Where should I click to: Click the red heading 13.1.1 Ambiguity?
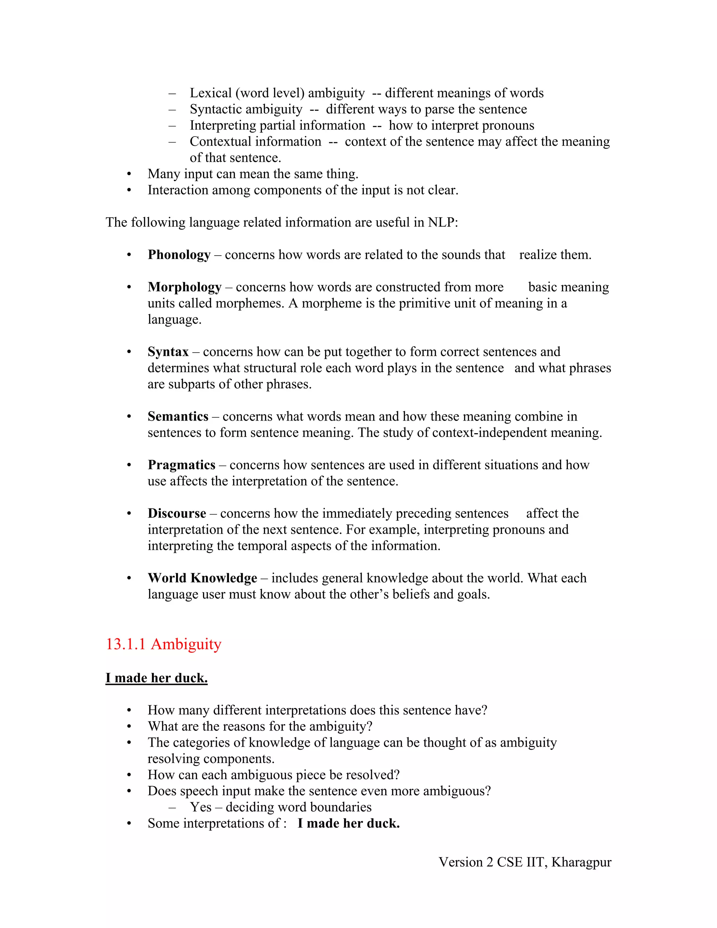click(163, 644)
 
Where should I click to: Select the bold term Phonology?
click(179, 255)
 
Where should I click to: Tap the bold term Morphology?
click(185, 287)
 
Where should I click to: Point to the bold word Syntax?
click(168, 352)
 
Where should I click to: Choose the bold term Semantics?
click(178, 416)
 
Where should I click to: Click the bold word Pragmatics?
click(181, 465)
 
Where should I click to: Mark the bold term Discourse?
click(177, 513)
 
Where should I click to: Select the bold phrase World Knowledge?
click(202, 578)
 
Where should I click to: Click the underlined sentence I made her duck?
click(156, 678)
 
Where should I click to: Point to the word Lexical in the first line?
click(211, 93)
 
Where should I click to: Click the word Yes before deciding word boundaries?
click(201, 807)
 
